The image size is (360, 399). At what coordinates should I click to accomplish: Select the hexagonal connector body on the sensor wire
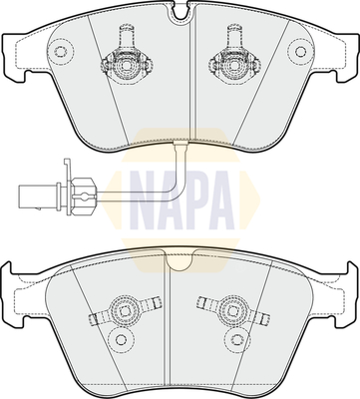click(84, 197)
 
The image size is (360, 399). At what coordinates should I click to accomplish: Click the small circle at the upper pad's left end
click(60, 52)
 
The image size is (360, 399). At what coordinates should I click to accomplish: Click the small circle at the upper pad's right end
click(300, 52)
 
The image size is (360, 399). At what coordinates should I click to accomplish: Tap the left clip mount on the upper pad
click(126, 60)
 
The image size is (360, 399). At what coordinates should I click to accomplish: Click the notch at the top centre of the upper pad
click(180, 12)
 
